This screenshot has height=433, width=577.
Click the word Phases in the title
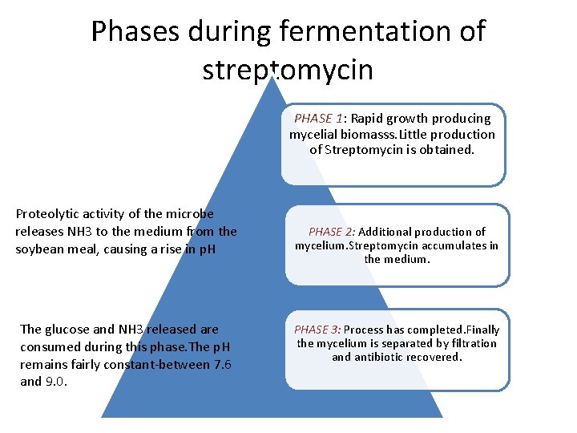tap(136, 32)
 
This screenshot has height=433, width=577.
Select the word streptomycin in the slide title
tap(288, 70)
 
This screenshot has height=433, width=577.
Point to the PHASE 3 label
tap(317, 330)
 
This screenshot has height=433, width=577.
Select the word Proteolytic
tap(49, 214)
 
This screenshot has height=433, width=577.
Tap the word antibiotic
tap(381, 357)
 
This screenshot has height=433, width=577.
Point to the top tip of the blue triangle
tap(273, 76)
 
